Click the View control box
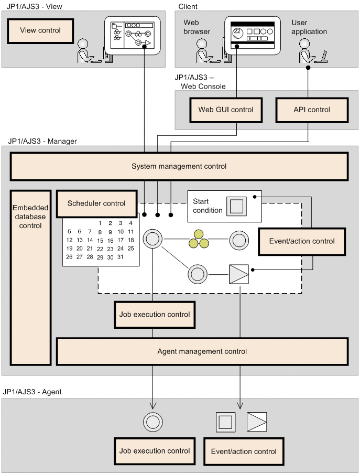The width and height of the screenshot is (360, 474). [40, 31]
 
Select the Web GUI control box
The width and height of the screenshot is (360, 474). [225, 110]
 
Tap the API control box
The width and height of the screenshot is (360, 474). [311, 110]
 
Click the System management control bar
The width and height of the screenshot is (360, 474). [179, 167]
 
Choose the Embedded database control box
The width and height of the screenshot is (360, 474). [30, 277]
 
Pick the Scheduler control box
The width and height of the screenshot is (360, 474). [96, 203]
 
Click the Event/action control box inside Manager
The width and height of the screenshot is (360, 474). [301, 242]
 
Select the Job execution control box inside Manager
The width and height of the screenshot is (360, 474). [155, 315]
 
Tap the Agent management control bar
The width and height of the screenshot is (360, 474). [202, 351]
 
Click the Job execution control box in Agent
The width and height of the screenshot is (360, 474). [155, 451]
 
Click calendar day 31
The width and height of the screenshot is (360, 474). [120, 257]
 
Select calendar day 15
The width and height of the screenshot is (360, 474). [100, 240]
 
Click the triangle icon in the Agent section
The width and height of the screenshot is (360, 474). [257, 422]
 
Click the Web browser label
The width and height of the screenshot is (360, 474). [197, 27]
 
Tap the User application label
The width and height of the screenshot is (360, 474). [309, 27]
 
